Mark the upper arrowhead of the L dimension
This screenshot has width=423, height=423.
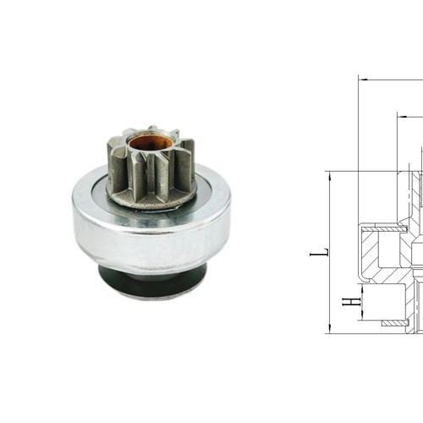(327, 175)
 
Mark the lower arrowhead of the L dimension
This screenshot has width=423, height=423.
(327, 329)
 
